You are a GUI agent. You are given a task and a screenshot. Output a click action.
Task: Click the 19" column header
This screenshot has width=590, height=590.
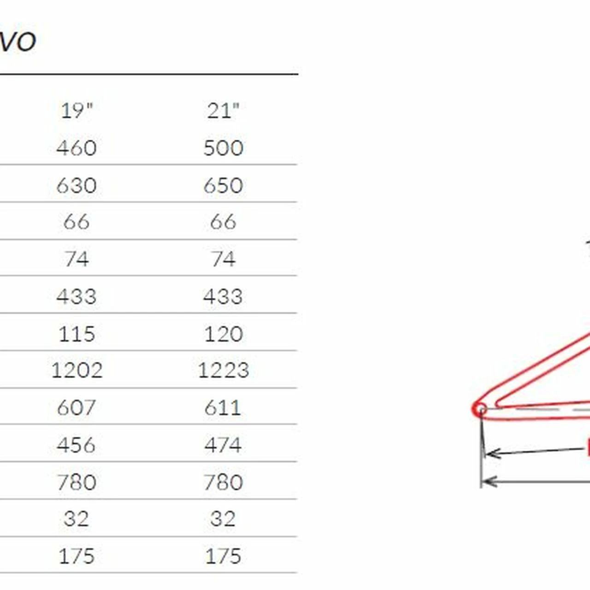point(77,111)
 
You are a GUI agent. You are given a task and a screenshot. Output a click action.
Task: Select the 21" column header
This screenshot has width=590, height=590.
point(223,111)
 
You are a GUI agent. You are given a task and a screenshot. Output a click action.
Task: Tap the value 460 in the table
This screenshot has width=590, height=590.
point(77,148)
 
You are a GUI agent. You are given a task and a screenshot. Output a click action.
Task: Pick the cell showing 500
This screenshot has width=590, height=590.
point(224,148)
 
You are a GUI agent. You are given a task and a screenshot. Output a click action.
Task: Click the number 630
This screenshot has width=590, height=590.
point(77,185)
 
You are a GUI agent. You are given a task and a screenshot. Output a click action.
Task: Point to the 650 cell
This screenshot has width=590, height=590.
point(224,185)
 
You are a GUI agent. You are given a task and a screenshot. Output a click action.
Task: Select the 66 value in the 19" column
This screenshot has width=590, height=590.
point(77,222)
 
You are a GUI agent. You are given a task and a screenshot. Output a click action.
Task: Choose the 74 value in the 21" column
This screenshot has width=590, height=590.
point(224,259)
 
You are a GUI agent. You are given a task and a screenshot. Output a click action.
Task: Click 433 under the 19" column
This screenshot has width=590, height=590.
point(77,296)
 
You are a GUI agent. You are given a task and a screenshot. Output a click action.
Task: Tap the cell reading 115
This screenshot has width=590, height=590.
point(77,334)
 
